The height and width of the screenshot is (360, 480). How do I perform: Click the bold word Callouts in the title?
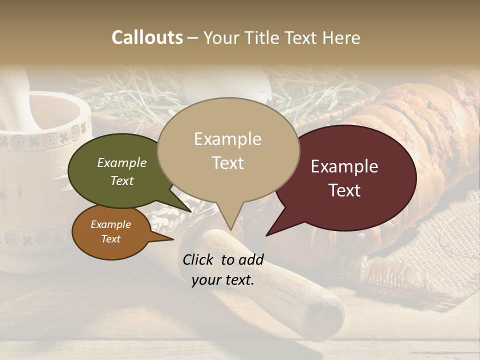tap(147, 37)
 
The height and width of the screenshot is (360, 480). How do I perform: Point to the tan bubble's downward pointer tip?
tap(230, 230)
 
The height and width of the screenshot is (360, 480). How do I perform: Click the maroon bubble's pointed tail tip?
tap(266, 235)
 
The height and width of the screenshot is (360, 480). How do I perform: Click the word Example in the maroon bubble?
tap(344, 166)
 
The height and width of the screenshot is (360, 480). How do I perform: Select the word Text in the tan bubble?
tap(228, 163)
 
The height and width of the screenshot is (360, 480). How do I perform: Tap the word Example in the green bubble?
tap(121, 163)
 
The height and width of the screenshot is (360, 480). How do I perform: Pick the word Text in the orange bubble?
tap(110, 239)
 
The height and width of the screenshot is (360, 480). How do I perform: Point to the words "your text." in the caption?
tap(223, 280)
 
